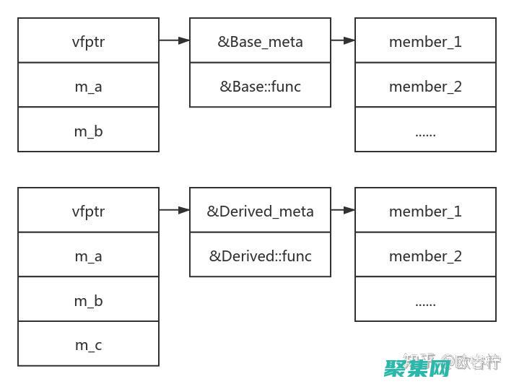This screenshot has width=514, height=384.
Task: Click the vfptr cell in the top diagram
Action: [88, 41]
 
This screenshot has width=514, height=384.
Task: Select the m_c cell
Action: [88, 344]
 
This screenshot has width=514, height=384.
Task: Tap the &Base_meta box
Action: [260, 41]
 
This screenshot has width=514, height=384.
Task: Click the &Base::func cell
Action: [260, 86]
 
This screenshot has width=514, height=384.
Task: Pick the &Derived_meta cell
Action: [260, 211]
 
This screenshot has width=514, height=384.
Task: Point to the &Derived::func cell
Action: [260, 256]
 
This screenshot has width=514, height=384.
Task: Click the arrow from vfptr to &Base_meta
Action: [174, 40]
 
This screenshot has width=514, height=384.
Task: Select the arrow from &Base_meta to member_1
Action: [343, 40]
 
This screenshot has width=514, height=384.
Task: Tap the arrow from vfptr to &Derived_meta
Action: [174, 210]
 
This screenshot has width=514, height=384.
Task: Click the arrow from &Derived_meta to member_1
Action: [343, 210]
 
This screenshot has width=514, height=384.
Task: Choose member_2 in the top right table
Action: [425, 86]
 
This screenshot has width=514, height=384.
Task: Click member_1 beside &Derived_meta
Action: [425, 211]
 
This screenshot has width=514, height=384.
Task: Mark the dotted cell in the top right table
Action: [425, 131]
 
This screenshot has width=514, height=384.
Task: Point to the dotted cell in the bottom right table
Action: [425, 300]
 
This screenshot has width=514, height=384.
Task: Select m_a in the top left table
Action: [88, 86]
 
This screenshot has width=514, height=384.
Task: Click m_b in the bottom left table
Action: [88, 300]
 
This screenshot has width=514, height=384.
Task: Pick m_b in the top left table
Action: [88, 131]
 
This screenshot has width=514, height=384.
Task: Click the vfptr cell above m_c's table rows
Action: [88, 211]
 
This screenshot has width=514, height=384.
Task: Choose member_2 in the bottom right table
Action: [425, 256]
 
